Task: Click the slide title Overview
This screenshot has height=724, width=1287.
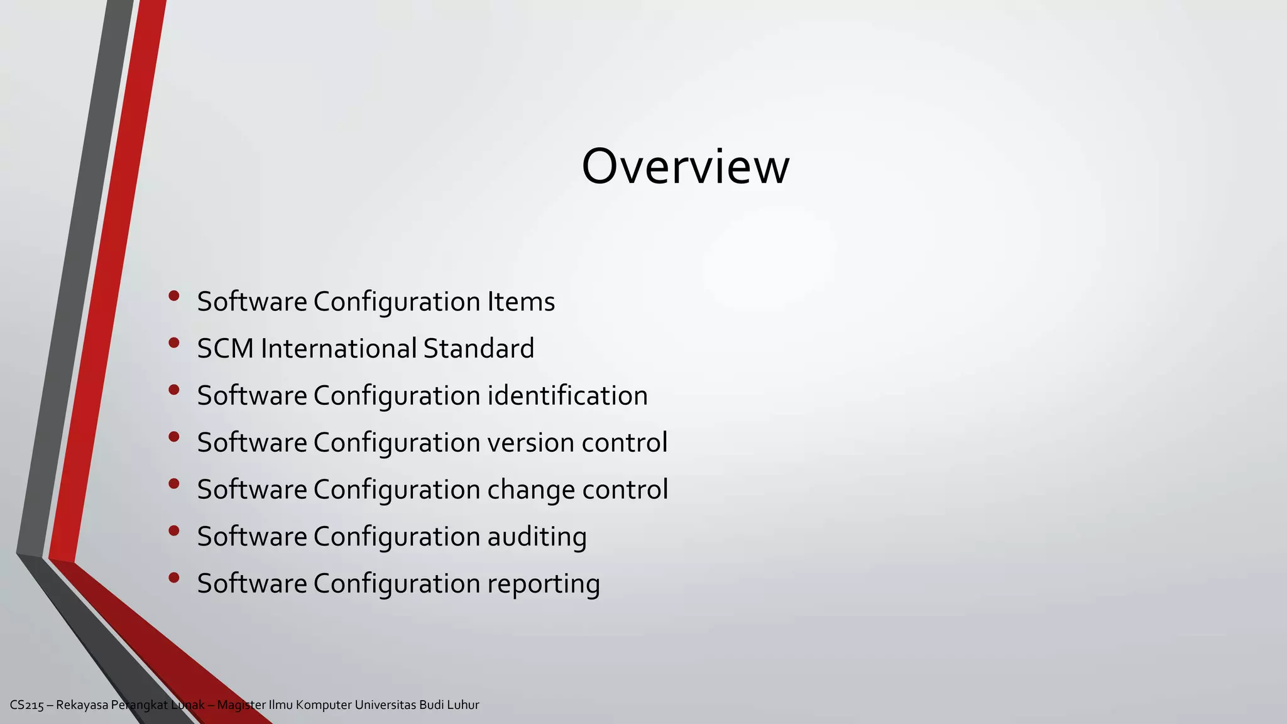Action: click(x=685, y=167)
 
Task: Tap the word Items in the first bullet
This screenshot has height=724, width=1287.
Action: click(x=521, y=302)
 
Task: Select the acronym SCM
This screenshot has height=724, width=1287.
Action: click(x=225, y=349)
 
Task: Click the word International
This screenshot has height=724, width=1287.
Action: click(x=339, y=349)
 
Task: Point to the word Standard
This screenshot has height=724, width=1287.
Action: click(x=478, y=349)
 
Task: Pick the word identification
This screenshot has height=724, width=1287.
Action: click(x=567, y=396)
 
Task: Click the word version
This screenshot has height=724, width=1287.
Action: click(x=530, y=442)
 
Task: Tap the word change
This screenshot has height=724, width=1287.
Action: click(x=530, y=490)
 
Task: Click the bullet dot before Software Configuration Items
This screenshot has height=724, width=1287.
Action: click(x=174, y=296)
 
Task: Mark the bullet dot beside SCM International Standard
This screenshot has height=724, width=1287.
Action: click(x=174, y=343)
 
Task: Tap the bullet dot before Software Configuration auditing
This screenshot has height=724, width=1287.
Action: click(x=174, y=531)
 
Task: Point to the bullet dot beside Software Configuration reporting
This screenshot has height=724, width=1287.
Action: click(x=174, y=578)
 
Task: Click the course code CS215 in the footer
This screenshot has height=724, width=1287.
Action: click(x=27, y=705)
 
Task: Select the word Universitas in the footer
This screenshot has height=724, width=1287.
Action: click(x=385, y=705)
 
